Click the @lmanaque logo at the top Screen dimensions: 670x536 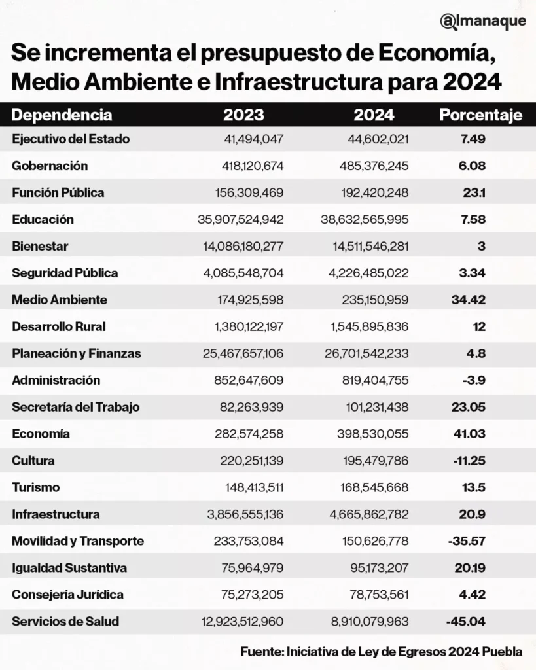pyautogui.click(x=483, y=22)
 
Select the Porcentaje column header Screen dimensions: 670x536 pyautogui.click(x=480, y=116)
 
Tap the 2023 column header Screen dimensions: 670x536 pyautogui.click(x=243, y=116)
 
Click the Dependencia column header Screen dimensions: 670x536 pyautogui.click(x=62, y=116)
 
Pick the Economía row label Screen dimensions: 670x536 pyautogui.click(x=41, y=434)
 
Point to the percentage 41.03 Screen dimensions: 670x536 pyautogui.click(x=471, y=434)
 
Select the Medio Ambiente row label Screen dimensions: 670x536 pyautogui.click(x=60, y=300)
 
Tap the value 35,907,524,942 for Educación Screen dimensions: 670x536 pyautogui.click(x=240, y=220)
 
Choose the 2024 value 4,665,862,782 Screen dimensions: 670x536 pyautogui.click(x=364, y=514)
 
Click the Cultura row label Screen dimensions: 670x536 pyautogui.click(x=33, y=461)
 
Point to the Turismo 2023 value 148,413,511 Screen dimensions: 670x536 pyautogui.click(x=249, y=487)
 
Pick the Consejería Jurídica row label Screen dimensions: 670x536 pyautogui.click(x=67, y=595)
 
